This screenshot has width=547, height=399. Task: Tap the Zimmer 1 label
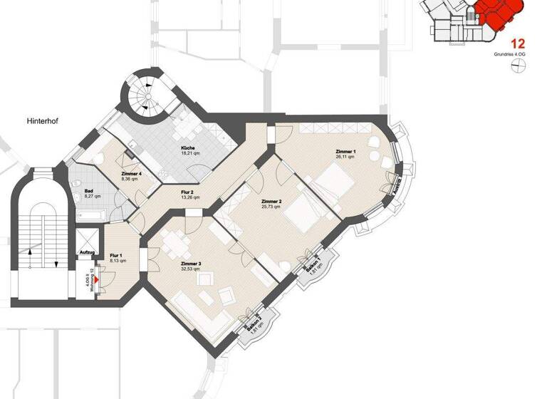click(345, 152)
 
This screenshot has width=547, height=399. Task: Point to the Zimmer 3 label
click(191, 264)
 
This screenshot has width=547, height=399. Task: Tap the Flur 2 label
click(187, 192)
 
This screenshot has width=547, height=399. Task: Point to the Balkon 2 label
click(251, 324)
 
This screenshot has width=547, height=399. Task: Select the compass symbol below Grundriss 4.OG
click(518, 66)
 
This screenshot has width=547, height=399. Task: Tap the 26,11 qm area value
click(345, 157)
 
